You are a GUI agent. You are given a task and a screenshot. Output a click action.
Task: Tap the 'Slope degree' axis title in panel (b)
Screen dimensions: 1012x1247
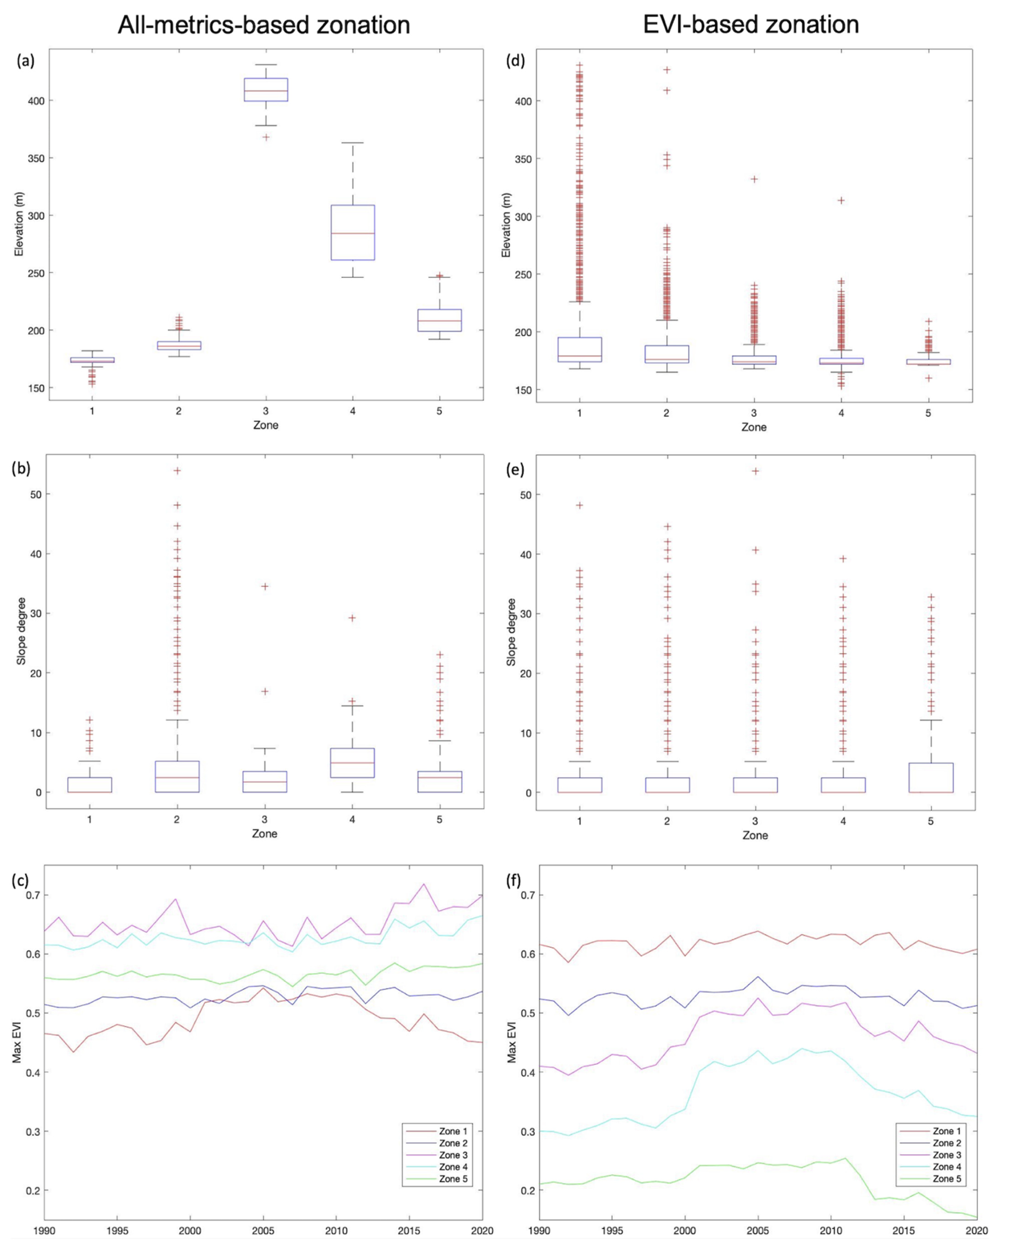(x=21, y=631)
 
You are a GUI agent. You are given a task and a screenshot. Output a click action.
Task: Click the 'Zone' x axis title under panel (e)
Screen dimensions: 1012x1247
(x=755, y=835)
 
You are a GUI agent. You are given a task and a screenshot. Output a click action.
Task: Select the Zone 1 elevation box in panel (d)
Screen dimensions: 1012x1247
(x=579, y=350)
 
